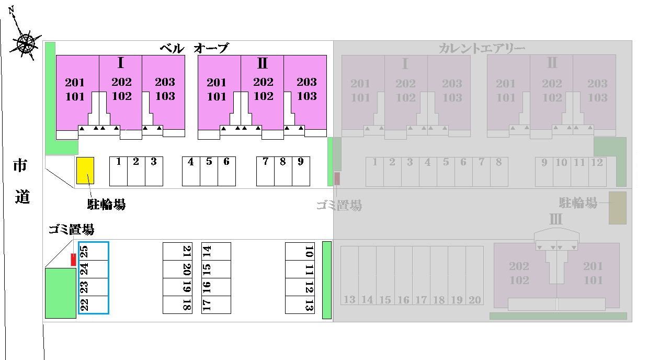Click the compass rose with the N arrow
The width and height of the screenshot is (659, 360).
(x=25, y=43)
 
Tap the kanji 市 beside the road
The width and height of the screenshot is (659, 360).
(x=20, y=165)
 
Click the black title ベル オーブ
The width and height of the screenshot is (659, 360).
(x=194, y=48)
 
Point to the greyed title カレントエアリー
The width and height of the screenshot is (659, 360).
(x=482, y=48)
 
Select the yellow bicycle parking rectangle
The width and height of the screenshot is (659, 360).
(x=85, y=171)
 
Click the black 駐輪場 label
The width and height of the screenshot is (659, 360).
(x=107, y=204)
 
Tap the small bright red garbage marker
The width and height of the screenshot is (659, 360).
(x=73, y=260)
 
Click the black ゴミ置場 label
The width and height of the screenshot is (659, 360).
(x=72, y=229)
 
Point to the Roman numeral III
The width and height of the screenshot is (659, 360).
(x=555, y=219)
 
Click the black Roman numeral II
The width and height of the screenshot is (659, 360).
(x=262, y=63)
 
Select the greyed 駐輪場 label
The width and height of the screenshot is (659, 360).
(x=578, y=203)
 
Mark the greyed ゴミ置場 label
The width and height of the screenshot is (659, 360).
(x=339, y=206)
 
